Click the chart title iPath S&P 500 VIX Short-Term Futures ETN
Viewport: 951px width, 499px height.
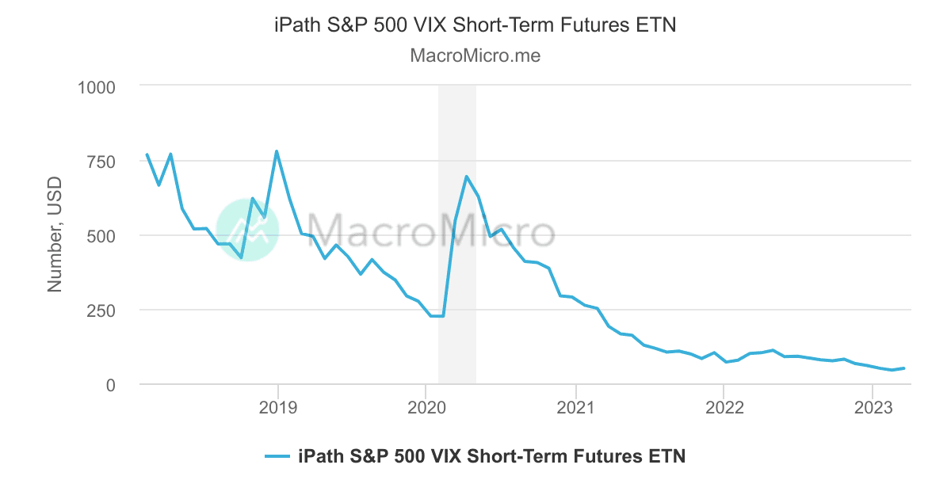475,25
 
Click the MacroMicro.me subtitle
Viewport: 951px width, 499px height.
475,56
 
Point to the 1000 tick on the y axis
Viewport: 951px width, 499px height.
96,86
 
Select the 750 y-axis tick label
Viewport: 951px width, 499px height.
101,161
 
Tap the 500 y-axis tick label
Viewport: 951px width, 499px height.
101,235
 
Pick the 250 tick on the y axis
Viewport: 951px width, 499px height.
101,310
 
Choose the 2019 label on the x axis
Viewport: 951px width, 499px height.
277,407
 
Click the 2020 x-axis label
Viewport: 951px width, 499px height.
426,407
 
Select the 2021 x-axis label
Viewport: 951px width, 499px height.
575,407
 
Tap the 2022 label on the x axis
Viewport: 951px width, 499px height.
724,407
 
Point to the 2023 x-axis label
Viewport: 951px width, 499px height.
872,407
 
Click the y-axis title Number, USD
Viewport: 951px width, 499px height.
55,235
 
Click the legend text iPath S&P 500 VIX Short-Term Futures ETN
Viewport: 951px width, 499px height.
491,456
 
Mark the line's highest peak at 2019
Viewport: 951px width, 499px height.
277,151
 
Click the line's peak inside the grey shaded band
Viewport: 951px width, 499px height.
466,177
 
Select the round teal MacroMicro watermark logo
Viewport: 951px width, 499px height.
247,230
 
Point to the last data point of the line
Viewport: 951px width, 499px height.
904,368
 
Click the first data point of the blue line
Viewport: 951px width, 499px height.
147,154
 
